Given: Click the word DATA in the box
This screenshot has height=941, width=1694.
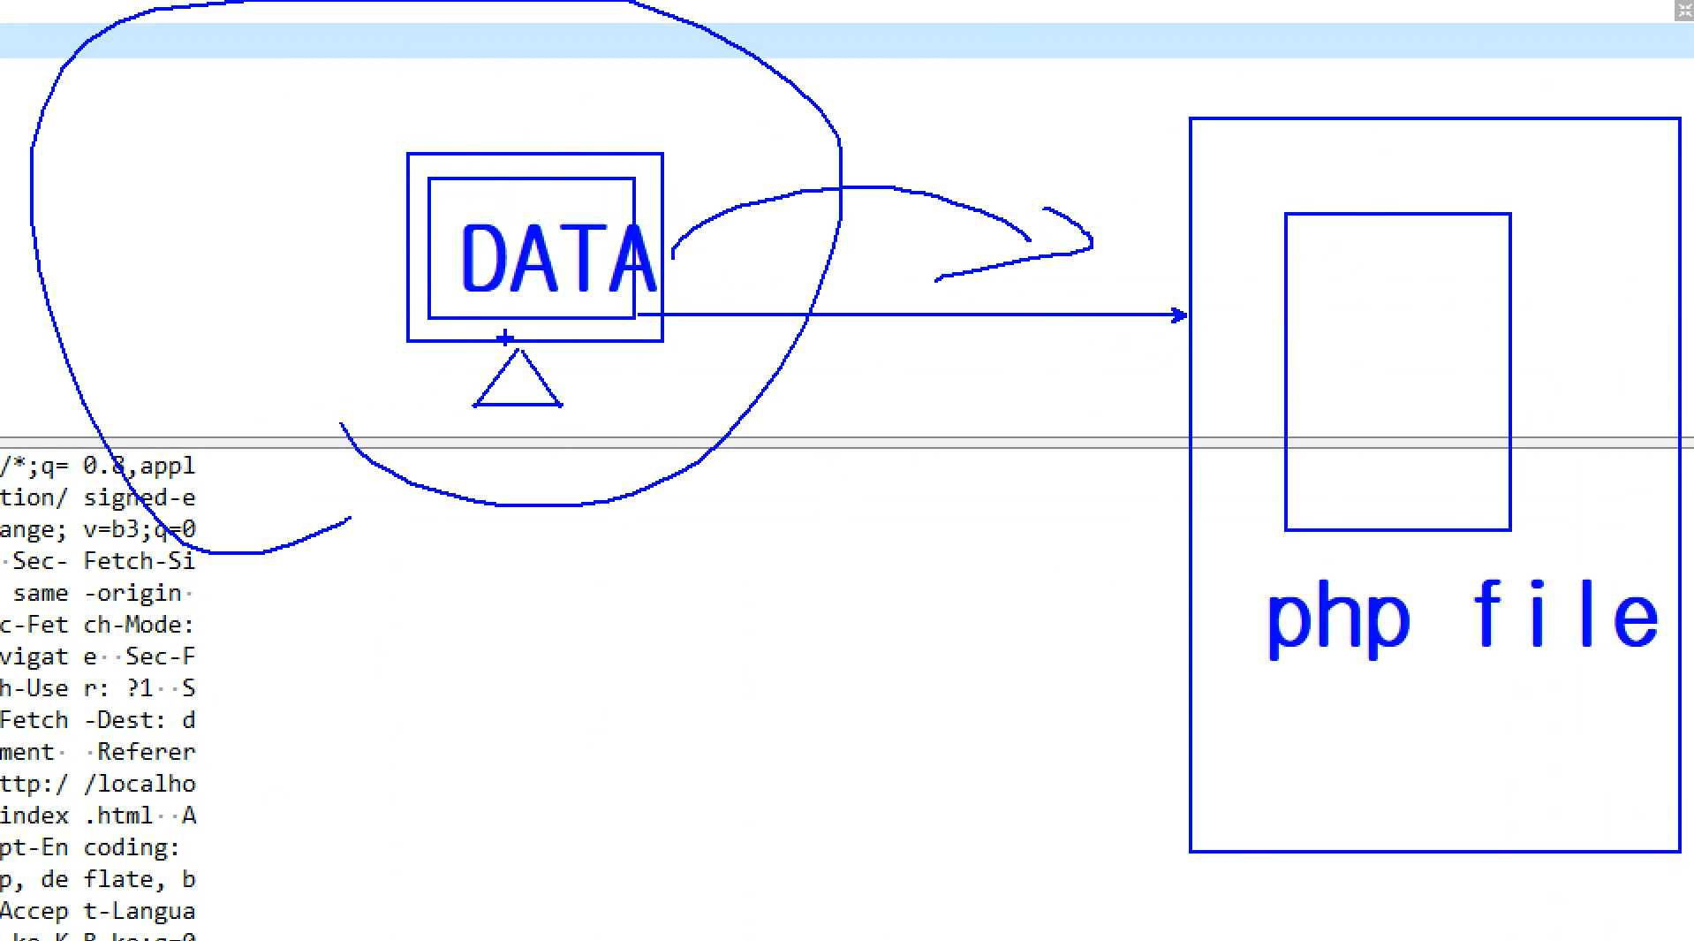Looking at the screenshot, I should tap(557, 258).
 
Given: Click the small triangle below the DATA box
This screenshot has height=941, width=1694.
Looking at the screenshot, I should tap(518, 382).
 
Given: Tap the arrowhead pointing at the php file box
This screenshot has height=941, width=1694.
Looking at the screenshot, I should tap(1179, 315).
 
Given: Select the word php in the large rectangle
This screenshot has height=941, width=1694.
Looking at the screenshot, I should tap(1338, 619).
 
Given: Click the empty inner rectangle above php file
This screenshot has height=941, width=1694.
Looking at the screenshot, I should tap(1397, 371).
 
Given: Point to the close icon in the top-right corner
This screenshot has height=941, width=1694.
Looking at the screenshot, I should tap(1684, 11).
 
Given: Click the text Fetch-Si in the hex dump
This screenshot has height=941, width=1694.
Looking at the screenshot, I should tap(139, 561).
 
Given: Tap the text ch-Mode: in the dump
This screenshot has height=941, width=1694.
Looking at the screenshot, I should tap(139, 625).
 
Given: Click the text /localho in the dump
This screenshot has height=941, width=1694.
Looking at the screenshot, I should tap(140, 784).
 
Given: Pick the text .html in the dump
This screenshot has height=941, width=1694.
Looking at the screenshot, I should tap(119, 816).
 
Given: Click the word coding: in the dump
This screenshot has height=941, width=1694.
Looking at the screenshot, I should tap(132, 847).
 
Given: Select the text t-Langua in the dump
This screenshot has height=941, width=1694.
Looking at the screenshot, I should tap(139, 911).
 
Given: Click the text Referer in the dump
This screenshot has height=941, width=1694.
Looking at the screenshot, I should tap(146, 752).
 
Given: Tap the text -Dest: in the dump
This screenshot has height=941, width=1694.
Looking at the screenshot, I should tap(125, 720).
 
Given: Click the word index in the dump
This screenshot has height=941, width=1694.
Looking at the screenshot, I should tap(34, 816).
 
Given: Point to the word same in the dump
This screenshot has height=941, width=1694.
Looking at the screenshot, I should tap(41, 593).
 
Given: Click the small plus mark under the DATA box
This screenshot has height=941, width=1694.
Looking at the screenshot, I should tap(504, 338).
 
